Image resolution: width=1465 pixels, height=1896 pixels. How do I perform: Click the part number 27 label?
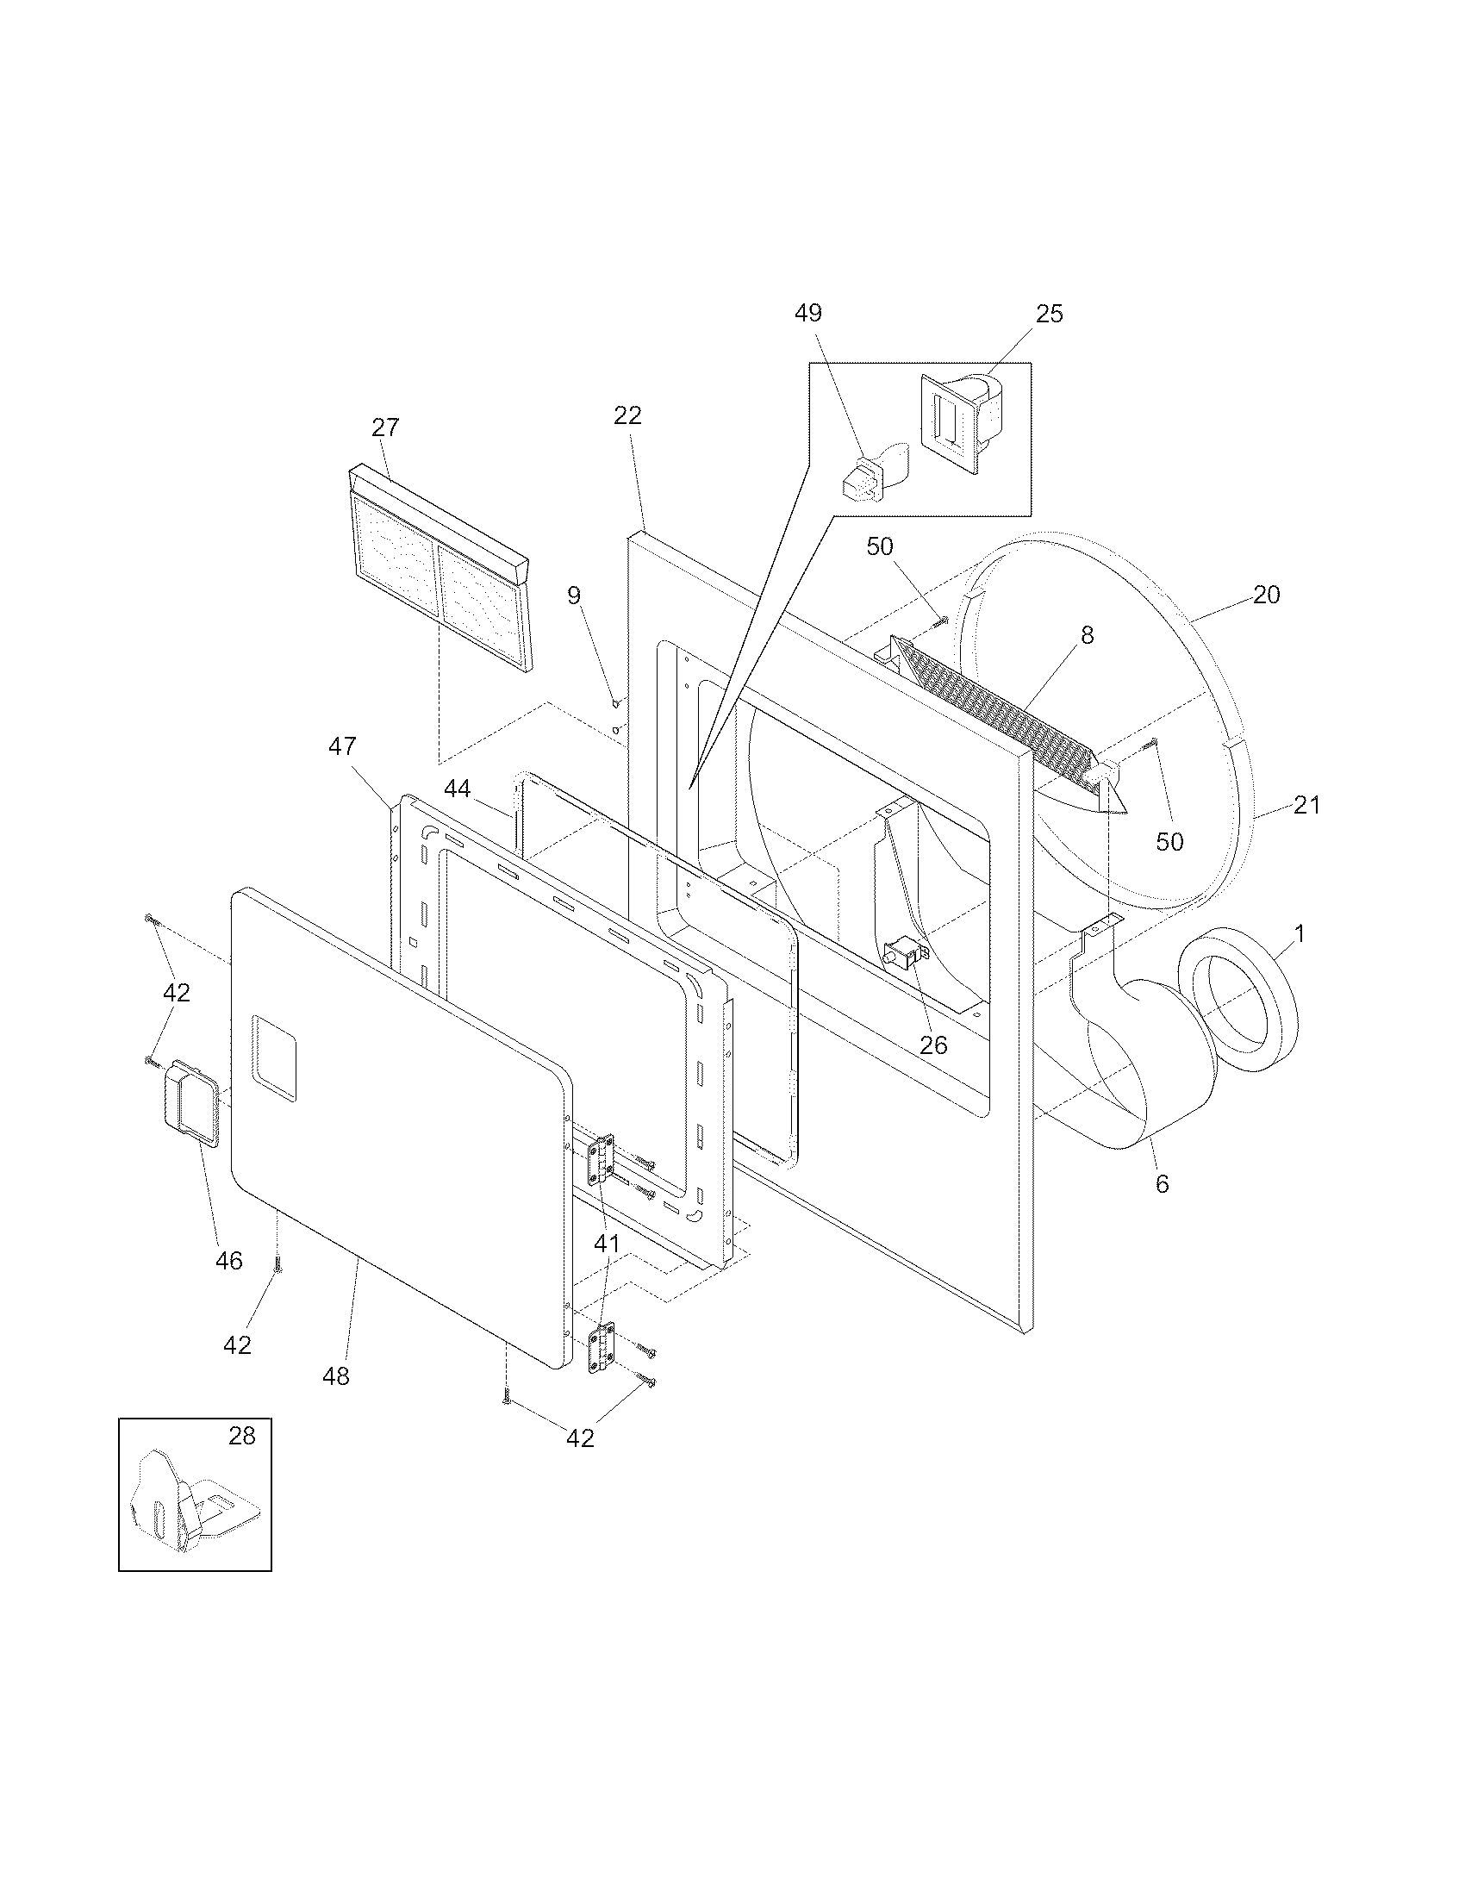click(385, 427)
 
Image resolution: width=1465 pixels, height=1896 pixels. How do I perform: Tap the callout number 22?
click(627, 416)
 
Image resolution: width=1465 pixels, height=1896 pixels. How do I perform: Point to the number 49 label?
click(808, 314)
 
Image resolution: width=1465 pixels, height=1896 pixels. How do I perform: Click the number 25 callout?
click(1050, 314)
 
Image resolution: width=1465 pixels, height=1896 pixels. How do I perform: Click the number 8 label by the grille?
click(1087, 635)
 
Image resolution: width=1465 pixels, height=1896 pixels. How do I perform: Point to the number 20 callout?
click(1266, 595)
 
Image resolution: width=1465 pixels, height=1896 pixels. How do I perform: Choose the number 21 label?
click(1306, 806)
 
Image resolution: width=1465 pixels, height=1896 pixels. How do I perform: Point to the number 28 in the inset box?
click(242, 1436)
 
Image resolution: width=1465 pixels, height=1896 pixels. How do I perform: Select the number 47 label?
click(342, 745)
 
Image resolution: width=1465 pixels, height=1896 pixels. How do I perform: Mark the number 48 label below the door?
click(336, 1376)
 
